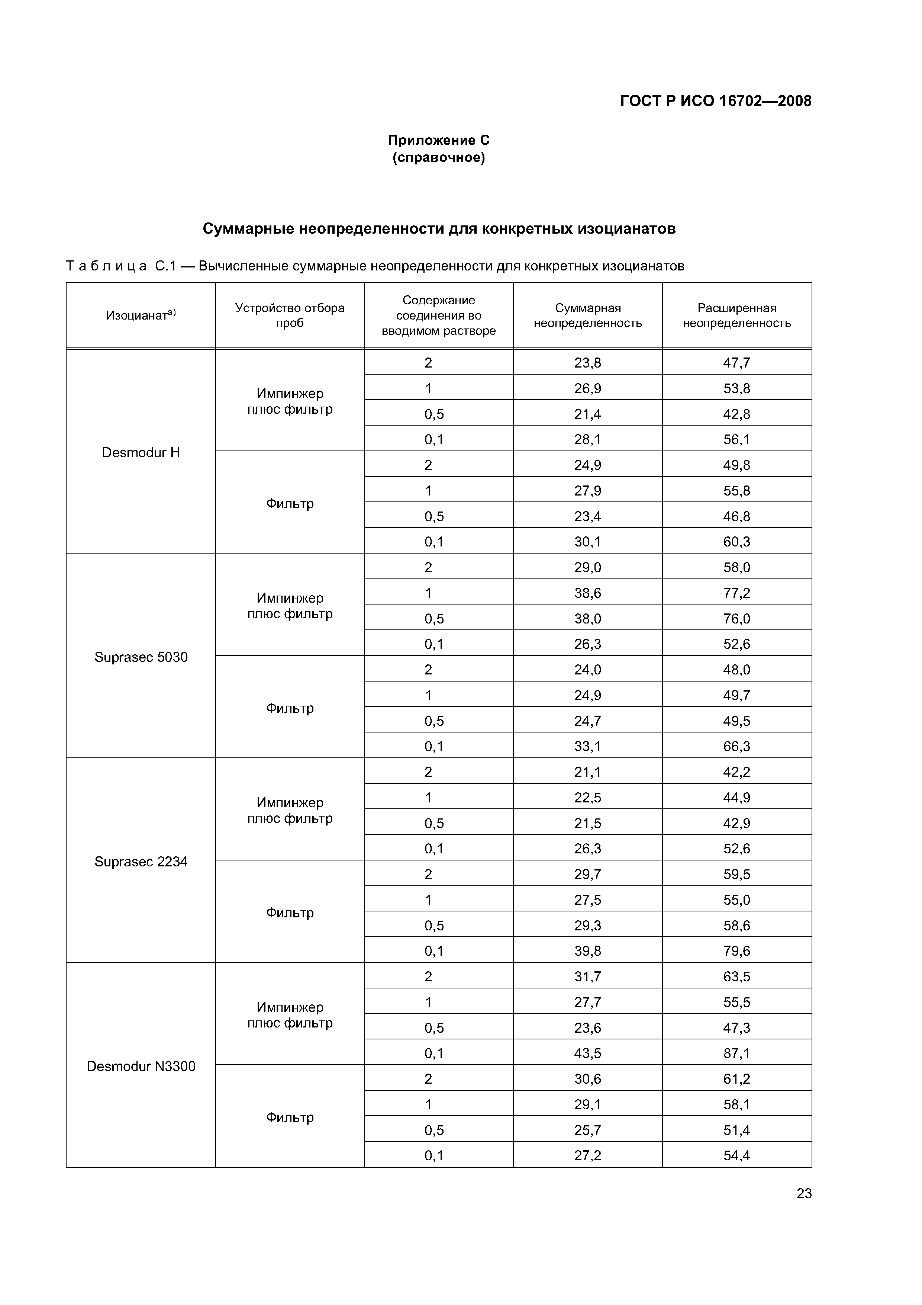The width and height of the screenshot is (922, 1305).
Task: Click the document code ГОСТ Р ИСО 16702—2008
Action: (715, 101)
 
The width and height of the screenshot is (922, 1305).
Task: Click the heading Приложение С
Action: (439, 140)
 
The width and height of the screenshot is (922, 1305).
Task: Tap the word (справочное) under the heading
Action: (439, 157)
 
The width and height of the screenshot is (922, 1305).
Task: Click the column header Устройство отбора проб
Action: (290, 315)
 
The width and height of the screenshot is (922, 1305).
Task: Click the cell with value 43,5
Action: (587, 1053)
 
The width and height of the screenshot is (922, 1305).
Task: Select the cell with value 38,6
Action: (587, 593)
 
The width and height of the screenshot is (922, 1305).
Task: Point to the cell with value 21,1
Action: (587, 772)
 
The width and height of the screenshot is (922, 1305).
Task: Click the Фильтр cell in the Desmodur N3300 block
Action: (290, 1118)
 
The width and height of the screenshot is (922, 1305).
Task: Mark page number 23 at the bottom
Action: (804, 1194)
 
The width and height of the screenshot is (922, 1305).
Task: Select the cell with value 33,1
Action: (587, 746)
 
